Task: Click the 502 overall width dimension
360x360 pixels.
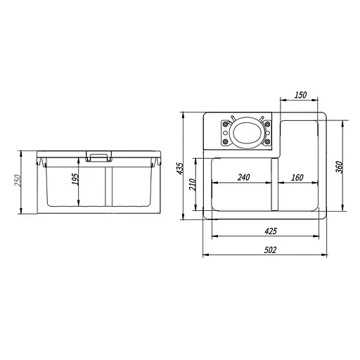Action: tap(270, 250)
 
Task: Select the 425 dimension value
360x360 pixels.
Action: tap(271, 231)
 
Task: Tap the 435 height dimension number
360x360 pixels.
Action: tap(180, 168)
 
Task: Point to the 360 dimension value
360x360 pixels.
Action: tap(339, 167)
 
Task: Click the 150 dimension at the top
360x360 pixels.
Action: tap(300, 95)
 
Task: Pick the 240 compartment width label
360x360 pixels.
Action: tap(244, 177)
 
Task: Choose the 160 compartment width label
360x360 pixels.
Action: tap(297, 177)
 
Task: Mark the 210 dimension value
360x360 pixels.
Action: tap(193, 184)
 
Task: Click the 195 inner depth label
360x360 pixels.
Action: tap(75, 179)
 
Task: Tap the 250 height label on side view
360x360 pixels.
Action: tap(18, 180)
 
